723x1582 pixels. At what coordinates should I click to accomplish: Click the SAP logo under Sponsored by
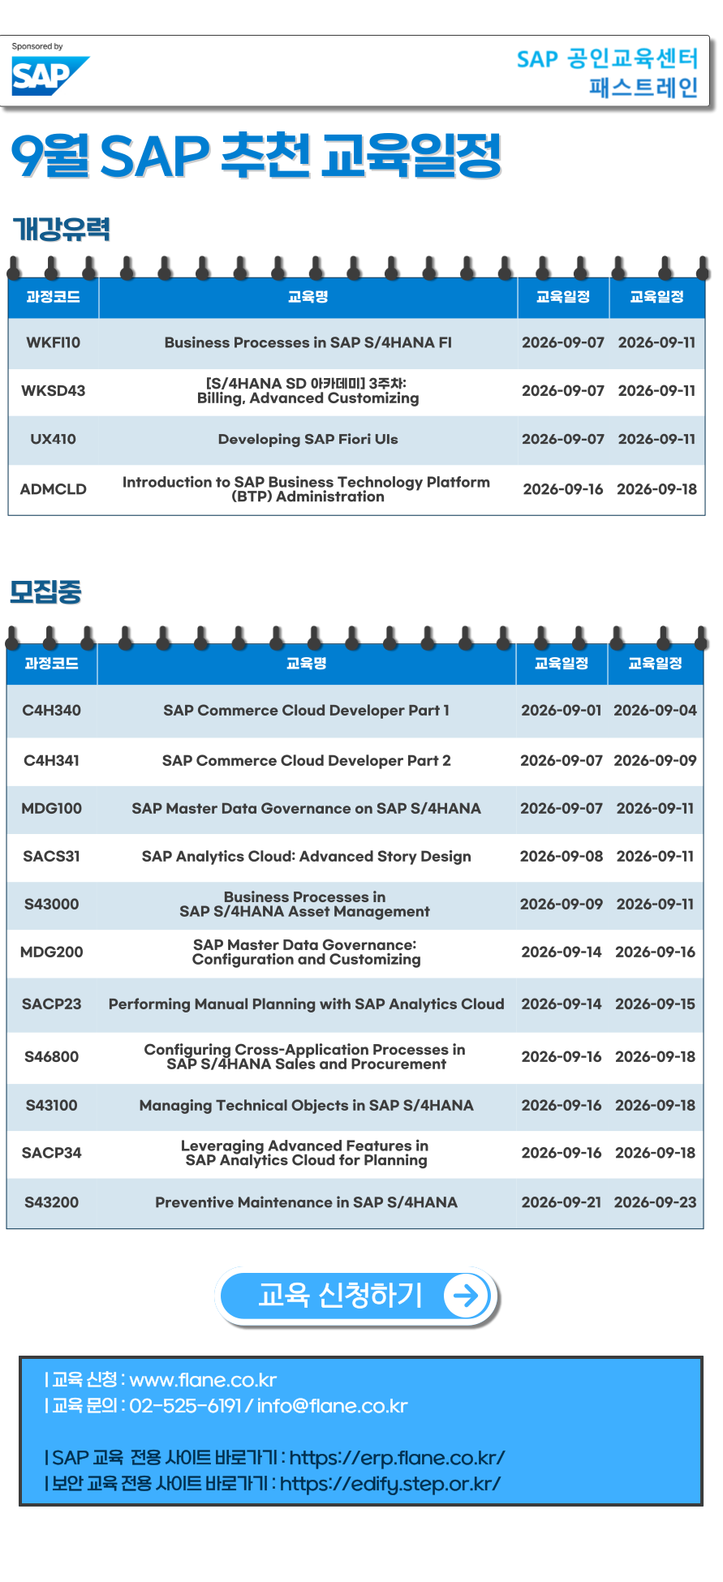(x=49, y=76)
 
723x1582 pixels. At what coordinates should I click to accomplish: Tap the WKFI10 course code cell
(x=54, y=342)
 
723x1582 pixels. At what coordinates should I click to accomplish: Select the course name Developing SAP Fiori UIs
(x=308, y=439)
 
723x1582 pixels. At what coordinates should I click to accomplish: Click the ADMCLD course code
(x=54, y=489)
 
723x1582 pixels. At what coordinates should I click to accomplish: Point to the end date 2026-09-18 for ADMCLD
(x=656, y=489)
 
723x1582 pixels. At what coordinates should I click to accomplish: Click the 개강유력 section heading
(x=62, y=229)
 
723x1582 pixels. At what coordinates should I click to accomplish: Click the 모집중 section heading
(x=45, y=591)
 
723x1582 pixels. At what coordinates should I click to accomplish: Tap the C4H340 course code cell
(x=52, y=710)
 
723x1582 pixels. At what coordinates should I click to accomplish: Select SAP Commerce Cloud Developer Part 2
(x=307, y=760)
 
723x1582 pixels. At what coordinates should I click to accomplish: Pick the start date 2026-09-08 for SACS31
(x=562, y=856)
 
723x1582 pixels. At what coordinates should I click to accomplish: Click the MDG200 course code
(x=52, y=952)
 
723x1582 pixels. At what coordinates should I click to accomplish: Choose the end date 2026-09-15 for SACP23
(x=655, y=1004)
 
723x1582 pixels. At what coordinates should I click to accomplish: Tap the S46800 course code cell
(x=52, y=1056)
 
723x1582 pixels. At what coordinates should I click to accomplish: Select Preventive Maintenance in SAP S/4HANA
(x=307, y=1202)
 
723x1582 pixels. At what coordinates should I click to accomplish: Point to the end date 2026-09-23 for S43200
(x=655, y=1202)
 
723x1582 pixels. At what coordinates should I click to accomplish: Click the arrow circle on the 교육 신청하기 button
(x=467, y=1296)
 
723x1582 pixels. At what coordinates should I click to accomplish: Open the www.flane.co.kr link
(x=203, y=1380)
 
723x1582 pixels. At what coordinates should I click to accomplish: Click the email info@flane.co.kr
(x=332, y=1406)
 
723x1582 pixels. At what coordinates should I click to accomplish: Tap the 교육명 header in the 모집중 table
(x=307, y=664)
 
